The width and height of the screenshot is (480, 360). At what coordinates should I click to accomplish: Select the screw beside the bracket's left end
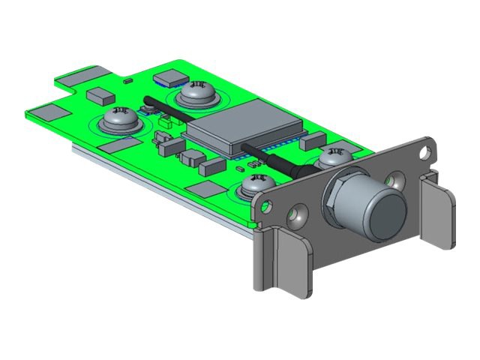(258, 183)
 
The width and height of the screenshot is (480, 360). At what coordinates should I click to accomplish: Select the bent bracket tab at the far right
(438, 214)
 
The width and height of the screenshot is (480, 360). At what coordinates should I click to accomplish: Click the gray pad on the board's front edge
(206, 188)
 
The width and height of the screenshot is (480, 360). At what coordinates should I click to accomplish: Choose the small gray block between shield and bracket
(316, 139)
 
